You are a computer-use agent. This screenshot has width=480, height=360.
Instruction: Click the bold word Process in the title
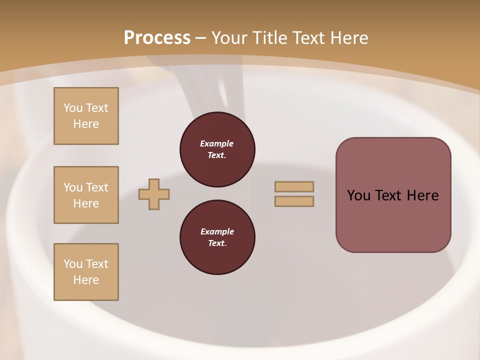157,38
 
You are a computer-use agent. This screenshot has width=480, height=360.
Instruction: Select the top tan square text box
86,116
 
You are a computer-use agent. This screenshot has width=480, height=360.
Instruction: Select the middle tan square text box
86,195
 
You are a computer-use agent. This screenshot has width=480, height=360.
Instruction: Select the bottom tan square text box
86,272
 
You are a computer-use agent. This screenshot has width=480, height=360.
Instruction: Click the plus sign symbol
154,194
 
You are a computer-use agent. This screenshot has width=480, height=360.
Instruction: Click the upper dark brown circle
217,149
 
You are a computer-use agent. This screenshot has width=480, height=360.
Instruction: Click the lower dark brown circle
217,237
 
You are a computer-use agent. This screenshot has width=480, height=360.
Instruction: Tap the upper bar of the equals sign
294,186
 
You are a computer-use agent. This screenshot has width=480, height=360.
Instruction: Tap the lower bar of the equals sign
294,201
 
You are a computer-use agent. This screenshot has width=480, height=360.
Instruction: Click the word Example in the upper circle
217,143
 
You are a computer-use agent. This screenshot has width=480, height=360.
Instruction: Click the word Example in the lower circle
217,231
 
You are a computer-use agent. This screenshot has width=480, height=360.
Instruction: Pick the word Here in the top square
86,124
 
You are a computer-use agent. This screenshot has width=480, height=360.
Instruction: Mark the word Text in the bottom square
97,264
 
